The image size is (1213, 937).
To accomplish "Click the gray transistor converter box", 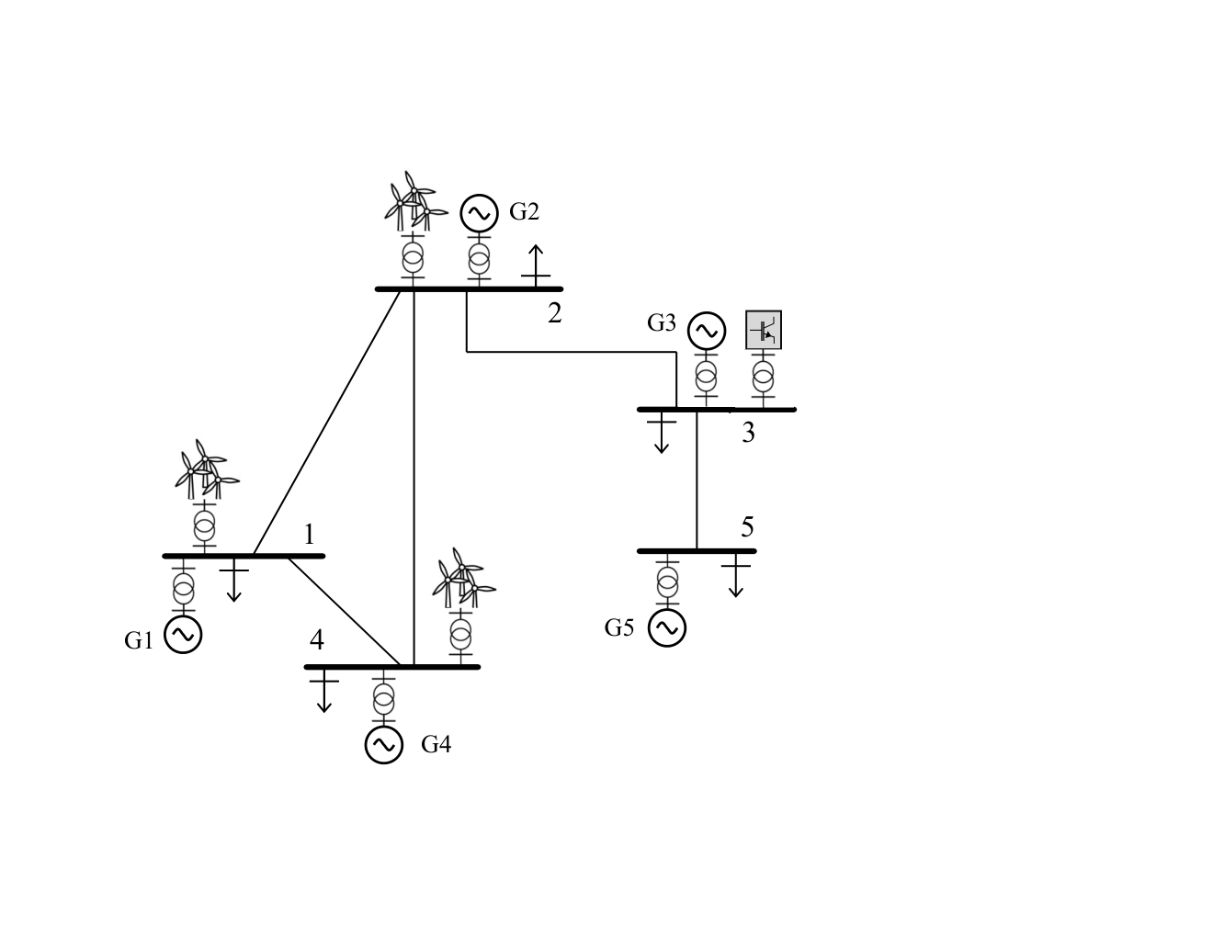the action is click(x=763, y=330).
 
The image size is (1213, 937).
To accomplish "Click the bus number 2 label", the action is click(x=554, y=313).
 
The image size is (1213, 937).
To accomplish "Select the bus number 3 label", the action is click(x=748, y=433).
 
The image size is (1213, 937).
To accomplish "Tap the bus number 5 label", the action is click(x=747, y=526).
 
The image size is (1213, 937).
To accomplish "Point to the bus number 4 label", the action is click(x=316, y=640).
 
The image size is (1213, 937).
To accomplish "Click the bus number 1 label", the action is click(x=310, y=535).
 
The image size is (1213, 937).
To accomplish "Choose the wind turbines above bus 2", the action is click(x=415, y=201).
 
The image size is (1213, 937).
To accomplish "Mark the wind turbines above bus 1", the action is click(x=207, y=469).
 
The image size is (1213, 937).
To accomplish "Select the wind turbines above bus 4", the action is click(x=464, y=578).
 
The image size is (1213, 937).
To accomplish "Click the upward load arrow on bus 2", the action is click(x=536, y=266).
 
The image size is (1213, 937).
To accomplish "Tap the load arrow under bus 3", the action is click(x=662, y=433).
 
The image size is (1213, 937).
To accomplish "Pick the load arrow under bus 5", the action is click(x=736, y=575).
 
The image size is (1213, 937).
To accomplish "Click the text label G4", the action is click(x=436, y=744).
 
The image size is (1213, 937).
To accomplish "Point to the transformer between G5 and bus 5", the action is click(x=667, y=582).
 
